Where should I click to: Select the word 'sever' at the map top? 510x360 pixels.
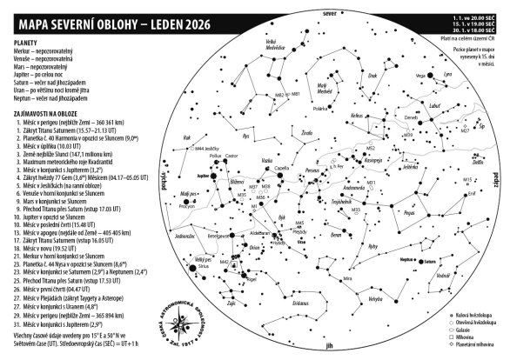[x=328, y=16]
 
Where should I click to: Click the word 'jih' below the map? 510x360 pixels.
[x=327, y=344]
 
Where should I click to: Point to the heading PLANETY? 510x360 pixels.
[x=29, y=40]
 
